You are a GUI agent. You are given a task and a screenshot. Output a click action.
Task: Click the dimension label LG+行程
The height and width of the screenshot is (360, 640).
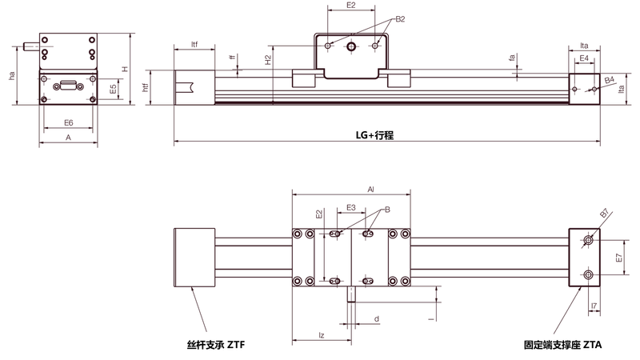click(374, 135)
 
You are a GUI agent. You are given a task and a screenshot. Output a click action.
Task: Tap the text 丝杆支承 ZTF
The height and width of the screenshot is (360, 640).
click(216, 345)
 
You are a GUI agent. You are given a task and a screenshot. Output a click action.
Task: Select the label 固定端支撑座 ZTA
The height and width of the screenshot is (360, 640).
click(563, 345)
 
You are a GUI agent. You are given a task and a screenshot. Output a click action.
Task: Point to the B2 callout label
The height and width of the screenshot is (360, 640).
click(400, 19)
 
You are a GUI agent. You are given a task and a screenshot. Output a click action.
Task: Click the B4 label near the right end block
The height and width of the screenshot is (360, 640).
click(610, 80)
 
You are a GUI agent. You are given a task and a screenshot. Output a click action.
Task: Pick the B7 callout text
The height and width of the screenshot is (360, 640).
click(605, 213)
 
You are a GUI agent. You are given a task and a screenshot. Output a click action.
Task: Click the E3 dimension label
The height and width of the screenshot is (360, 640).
click(351, 208)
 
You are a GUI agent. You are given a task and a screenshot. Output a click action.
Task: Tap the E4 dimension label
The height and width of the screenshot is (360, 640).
click(584, 58)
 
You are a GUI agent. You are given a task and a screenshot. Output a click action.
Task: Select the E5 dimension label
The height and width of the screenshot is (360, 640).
click(114, 89)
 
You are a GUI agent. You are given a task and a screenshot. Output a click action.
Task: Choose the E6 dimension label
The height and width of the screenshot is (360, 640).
click(69, 122)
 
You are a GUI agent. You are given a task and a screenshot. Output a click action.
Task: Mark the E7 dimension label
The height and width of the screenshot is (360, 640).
click(619, 258)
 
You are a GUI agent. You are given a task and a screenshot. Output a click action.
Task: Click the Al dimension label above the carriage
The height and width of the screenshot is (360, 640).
click(370, 190)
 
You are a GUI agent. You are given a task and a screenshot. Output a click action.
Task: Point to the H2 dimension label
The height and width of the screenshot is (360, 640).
click(268, 60)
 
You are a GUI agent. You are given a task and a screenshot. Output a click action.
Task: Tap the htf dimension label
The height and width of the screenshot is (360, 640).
click(146, 87)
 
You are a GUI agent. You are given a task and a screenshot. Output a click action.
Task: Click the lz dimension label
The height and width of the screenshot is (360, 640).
click(322, 335)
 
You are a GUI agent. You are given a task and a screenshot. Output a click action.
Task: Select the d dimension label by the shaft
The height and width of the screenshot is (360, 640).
click(377, 318)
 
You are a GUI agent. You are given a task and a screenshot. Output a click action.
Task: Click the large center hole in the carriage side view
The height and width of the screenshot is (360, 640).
click(351, 46)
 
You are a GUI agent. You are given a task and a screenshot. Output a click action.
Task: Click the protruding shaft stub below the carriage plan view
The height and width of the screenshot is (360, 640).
click(351, 294)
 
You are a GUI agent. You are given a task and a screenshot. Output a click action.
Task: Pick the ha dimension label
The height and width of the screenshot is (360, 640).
click(12, 75)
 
